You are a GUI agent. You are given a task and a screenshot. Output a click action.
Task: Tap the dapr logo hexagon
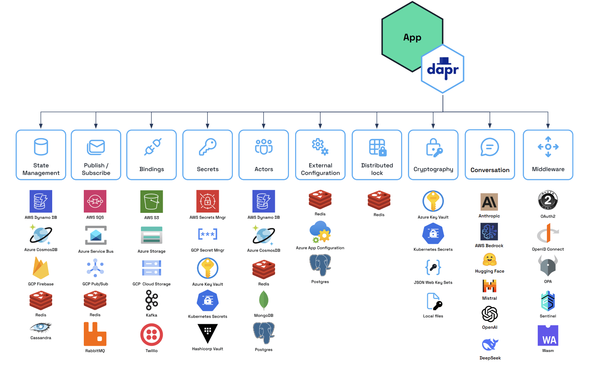coord(443,69)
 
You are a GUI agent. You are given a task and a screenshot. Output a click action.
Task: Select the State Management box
coord(41,155)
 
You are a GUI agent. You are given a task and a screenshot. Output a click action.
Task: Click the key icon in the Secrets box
coord(208,147)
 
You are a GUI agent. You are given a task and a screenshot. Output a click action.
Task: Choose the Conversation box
coord(490,155)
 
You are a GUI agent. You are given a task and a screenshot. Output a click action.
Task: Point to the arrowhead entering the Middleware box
coord(548,126)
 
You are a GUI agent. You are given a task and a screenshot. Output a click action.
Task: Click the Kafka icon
coord(152,300)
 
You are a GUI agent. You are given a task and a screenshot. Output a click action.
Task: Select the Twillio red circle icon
coord(152,335)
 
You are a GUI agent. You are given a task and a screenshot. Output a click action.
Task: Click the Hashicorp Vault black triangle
coord(207,333)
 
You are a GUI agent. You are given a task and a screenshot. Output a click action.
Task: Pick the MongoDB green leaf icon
coord(264,300)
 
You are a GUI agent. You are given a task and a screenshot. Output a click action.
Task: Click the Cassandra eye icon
coord(41,327)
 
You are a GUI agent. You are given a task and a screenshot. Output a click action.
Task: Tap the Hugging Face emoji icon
coord(490,260)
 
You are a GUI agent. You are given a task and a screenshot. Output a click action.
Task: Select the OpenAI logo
coord(490,314)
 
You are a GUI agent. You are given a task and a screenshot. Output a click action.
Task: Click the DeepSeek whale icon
coord(490,344)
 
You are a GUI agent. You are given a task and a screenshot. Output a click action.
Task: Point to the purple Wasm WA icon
coord(548,335)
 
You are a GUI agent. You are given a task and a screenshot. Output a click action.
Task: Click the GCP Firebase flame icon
coord(41,268)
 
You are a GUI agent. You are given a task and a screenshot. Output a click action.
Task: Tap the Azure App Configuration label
coord(320,248)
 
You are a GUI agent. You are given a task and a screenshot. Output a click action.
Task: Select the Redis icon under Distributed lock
coord(379,200)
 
